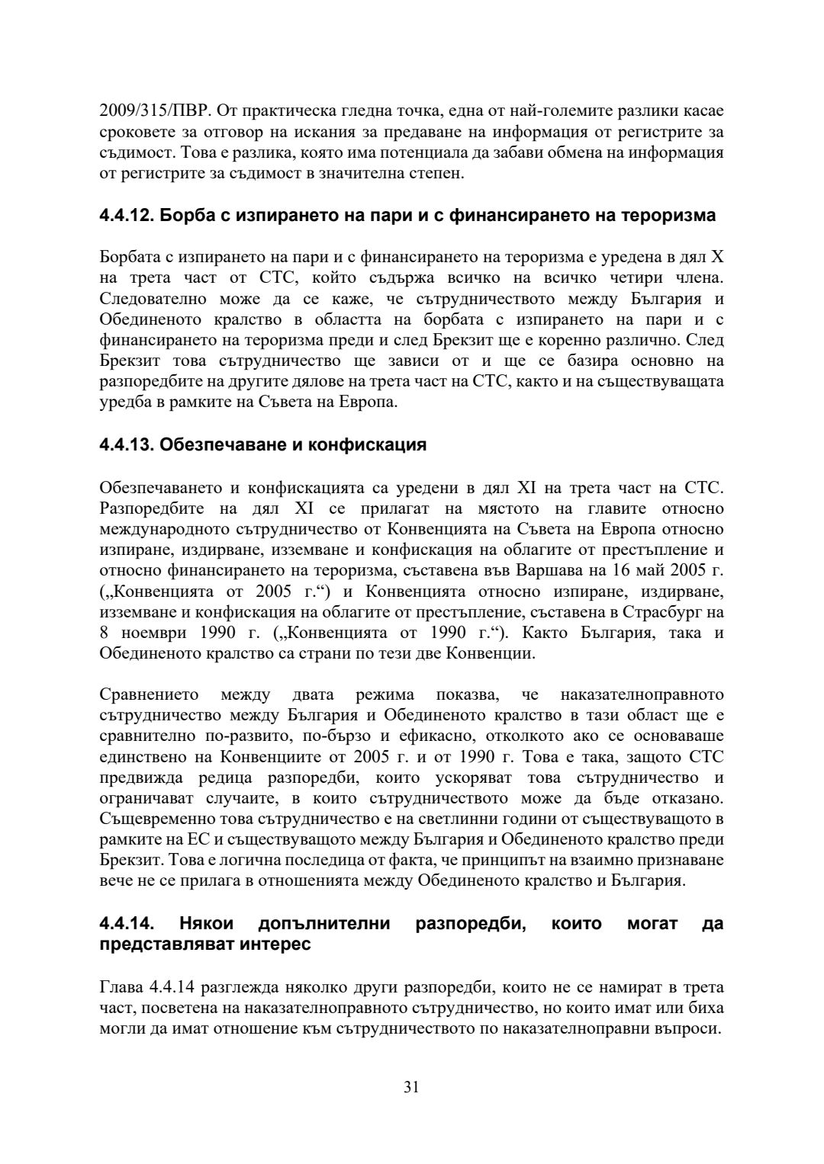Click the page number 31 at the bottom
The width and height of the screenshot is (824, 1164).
(411, 1087)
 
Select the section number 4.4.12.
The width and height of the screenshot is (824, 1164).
(125, 216)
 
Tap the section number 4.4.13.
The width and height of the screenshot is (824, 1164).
(125, 445)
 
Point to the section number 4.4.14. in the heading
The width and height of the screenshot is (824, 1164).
(128, 924)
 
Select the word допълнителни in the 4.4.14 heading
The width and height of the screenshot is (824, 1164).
(324, 924)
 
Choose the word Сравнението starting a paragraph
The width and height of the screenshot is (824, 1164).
(149, 694)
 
